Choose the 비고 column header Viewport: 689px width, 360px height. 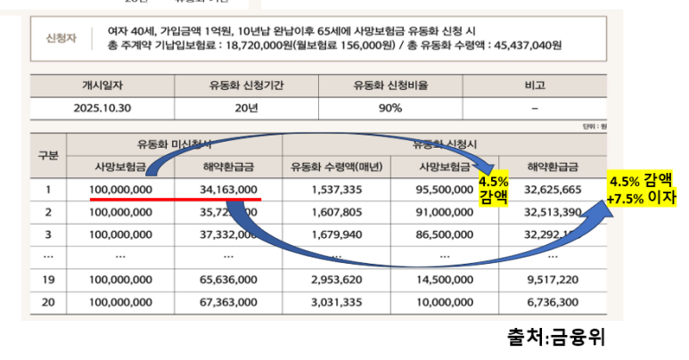(534, 86)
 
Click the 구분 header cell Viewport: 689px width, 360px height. (48, 155)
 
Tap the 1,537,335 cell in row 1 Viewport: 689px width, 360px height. (336, 190)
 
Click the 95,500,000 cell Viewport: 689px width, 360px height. (444, 190)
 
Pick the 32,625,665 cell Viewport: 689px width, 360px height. (553, 190)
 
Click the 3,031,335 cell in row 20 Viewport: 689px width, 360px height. (336, 302)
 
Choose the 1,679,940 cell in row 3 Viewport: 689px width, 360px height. (336, 234)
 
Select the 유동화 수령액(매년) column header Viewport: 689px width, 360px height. (336, 167)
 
